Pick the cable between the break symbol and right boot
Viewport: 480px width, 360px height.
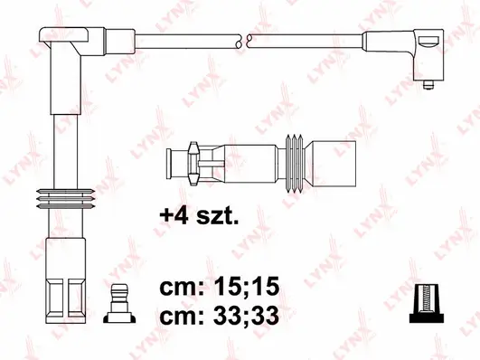pyautogui.click(x=303, y=40)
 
